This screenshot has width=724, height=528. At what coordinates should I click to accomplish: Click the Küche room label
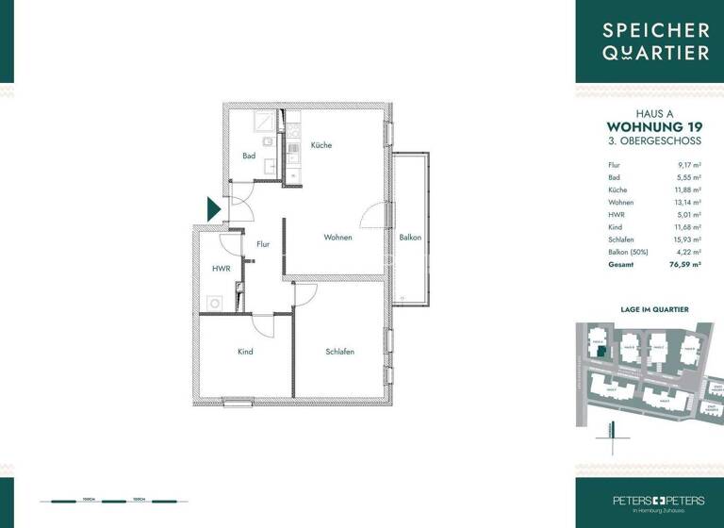[x=321, y=145]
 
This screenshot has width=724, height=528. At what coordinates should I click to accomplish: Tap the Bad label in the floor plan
[x=249, y=156]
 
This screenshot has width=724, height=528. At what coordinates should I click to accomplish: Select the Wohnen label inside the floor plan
[x=337, y=238]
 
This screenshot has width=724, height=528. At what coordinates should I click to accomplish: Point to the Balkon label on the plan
[x=410, y=238]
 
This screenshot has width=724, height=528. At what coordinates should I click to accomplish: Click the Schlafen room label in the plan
[x=339, y=352]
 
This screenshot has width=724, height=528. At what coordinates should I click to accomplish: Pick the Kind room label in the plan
[x=245, y=352]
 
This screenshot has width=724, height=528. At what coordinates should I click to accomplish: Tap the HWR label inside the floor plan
[x=221, y=269]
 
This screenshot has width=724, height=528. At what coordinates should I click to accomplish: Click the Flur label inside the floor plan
[x=262, y=244]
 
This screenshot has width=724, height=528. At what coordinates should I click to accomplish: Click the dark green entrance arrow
[x=214, y=208]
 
